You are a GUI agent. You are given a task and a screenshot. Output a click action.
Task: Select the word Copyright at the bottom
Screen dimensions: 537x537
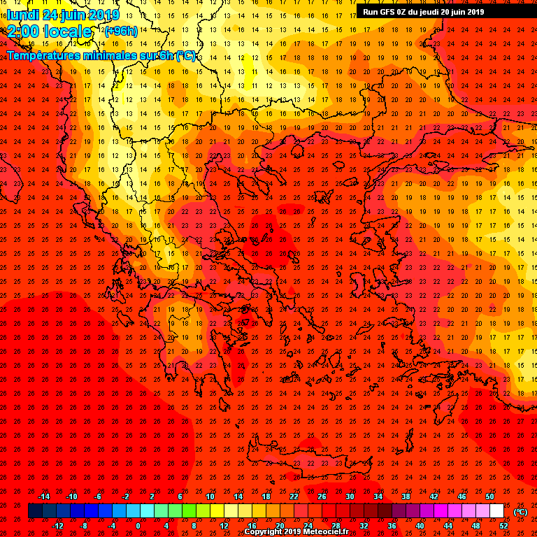coord(264,532)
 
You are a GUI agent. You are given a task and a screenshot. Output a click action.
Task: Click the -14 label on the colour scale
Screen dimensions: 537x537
coord(43,496)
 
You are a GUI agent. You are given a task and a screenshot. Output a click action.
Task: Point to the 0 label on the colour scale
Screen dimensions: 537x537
coord(138,526)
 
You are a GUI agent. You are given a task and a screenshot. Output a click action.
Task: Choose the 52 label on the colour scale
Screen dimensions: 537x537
coord(504,526)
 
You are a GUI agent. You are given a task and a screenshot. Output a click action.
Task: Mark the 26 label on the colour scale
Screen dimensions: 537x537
coord(322,496)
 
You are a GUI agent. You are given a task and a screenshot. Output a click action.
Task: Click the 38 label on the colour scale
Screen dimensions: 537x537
coord(406,496)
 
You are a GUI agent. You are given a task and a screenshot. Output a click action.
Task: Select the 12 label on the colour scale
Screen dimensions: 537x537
coord(224,526)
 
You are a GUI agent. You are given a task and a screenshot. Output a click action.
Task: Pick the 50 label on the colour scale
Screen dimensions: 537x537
coord(489,496)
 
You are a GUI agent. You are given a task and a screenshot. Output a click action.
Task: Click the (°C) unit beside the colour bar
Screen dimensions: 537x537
coord(521,512)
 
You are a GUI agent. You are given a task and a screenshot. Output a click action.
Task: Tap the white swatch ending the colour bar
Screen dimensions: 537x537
coord(496,511)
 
